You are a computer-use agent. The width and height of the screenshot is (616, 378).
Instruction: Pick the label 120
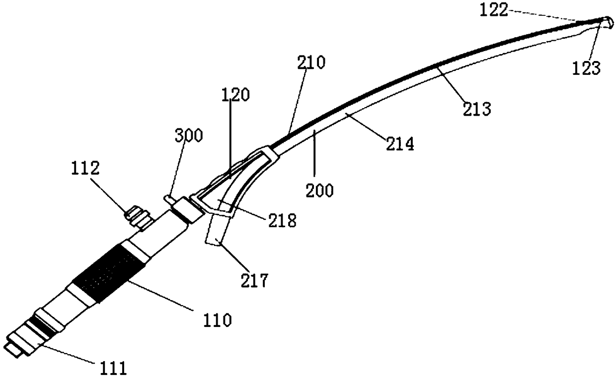pyautogui.click(x=233, y=96)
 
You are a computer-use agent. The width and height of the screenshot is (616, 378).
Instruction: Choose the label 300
pyautogui.click(x=188, y=135)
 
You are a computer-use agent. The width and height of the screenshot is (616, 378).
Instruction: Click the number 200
pyautogui.click(x=320, y=190)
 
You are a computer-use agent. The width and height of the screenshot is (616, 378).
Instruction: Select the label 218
pyautogui.click(x=281, y=220)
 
